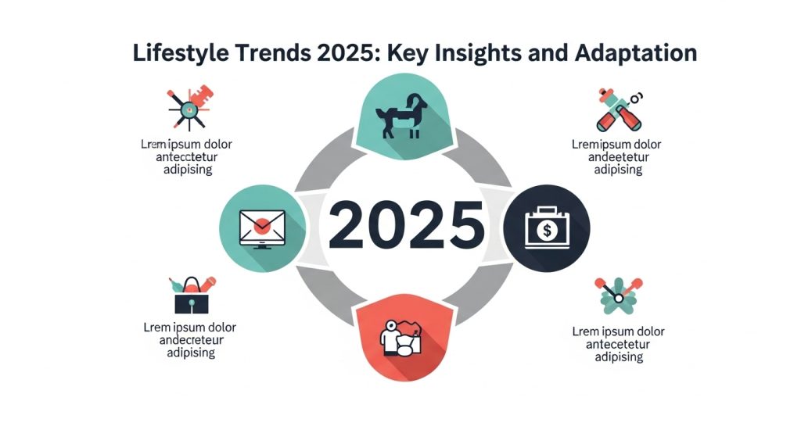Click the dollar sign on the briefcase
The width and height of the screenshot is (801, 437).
546,229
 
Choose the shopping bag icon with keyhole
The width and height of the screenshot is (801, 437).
190,295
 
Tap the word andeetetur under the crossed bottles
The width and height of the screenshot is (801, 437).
616,157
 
